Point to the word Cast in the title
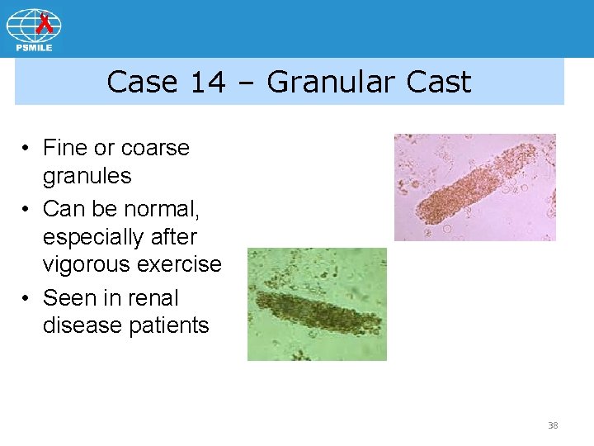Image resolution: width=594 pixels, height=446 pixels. pos(438,82)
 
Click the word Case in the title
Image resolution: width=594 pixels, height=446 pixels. pos(141,82)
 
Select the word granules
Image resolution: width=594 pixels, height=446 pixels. pos(87,176)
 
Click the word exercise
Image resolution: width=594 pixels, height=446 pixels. pos(182,264)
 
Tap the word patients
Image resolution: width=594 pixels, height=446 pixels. pos(169,325)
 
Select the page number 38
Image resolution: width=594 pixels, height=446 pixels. pos(553,425)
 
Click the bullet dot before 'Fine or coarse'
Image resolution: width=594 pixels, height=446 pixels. pos(27,149)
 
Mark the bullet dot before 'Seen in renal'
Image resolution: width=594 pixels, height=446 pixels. pos(27,298)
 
